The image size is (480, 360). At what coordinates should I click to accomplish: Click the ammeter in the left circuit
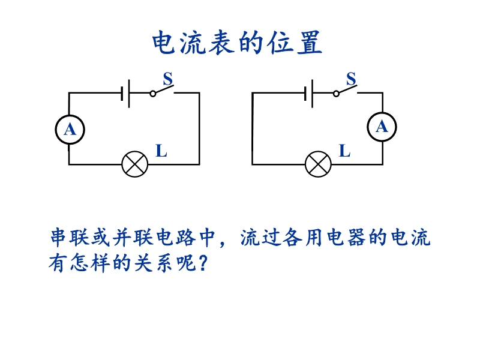[x=70, y=130]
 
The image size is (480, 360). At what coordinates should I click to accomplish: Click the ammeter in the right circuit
[x=382, y=126]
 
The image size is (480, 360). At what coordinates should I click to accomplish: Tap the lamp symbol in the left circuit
[x=134, y=164]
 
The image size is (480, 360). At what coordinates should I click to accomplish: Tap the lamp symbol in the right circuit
[x=318, y=164]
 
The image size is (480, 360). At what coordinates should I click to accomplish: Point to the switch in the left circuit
[x=161, y=91]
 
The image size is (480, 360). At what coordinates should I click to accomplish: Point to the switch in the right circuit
[x=344, y=91]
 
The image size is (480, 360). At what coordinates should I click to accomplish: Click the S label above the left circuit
[x=168, y=79]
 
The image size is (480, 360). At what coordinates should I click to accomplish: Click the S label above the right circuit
[x=351, y=79]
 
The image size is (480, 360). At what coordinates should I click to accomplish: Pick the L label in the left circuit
[x=161, y=151]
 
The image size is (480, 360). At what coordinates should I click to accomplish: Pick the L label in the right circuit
[x=344, y=151]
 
